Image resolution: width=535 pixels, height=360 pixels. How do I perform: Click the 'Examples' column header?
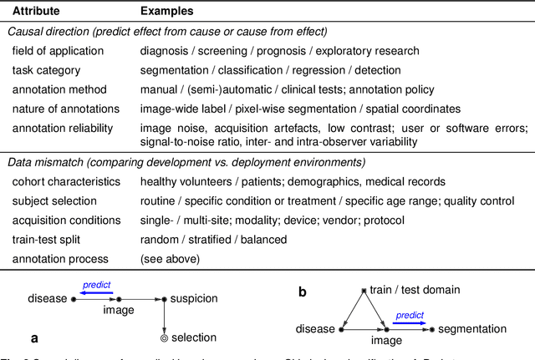tap(167, 12)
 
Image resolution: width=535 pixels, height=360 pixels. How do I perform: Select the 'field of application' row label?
tap(58, 51)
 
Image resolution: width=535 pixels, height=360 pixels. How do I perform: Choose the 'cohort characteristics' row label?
tap(65, 181)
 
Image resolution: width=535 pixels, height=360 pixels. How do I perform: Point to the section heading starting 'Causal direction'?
tap(168, 32)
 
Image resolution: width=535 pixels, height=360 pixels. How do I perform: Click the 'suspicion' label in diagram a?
tap(193, 299)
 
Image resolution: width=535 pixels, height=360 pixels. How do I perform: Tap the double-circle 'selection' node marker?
tap(165, 338)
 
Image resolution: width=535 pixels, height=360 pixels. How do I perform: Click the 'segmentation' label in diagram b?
tap(472, 329)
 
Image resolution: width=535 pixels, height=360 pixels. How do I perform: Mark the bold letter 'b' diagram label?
tap(303, 292)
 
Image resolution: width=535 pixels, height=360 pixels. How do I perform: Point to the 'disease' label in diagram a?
tap(48, 299)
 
